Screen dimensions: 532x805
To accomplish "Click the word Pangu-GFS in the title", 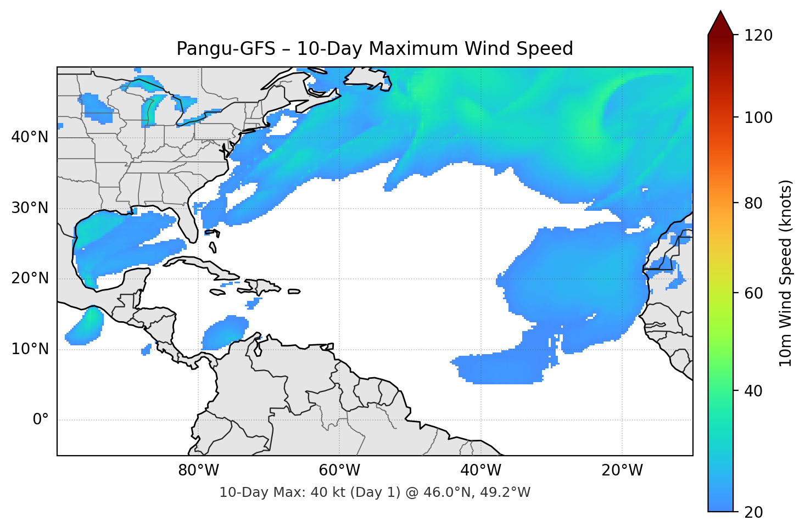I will pyautogui.click(x=225, y=49).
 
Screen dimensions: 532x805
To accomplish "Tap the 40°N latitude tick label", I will pyautogui.click(x=30, y=137).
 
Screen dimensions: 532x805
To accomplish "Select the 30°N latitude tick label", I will pyautogui.click(x=30, y=208).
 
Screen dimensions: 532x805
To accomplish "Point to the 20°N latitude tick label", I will pyautogui.click(x=30, y=278).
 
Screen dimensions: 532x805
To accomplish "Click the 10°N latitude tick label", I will pyautogui.click(x=30, y=349).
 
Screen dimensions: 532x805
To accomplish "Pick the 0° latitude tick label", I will pyautogui.click(x=41, y=420).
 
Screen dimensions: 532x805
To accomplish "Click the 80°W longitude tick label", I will pyautogui.click(x=198, y=471).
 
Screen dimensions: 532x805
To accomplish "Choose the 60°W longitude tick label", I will pyautogui.click(x=339, y=471).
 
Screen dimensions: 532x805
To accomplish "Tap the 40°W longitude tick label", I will pyautogui.click(x=480, y=471).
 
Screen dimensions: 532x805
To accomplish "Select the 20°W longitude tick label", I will pyautogui.click(x=622, y=471).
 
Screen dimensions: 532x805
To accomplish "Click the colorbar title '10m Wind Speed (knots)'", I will pyautogui.click(x=786, y=273).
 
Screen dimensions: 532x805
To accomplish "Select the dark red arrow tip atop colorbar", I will pyautogui.click(x=720, y=22).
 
